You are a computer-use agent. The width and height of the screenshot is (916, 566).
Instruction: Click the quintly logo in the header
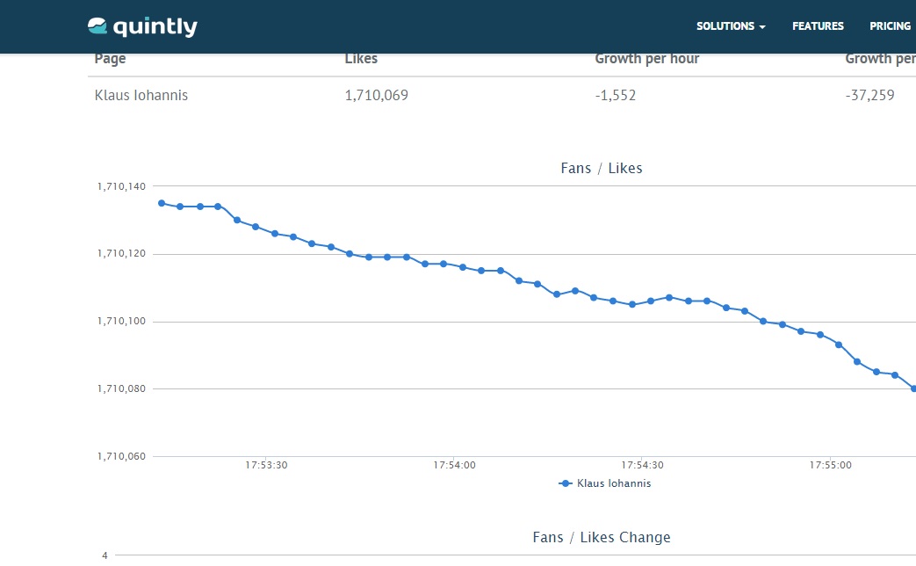(x=142, y=27)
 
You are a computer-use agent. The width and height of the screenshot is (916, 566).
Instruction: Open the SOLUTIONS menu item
(x=731, y=26)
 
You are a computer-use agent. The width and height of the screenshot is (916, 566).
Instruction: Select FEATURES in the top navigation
(x=818, y=26)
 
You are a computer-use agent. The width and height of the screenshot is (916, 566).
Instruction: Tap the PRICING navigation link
(x=890, y=26)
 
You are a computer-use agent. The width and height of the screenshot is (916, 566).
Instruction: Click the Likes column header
(x=361, y=59)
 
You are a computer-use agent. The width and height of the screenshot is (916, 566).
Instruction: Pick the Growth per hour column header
(x=647, y=59)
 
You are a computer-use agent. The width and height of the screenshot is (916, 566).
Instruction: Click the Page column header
(x=110, y=59)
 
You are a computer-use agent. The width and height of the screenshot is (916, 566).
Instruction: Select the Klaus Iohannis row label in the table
(x=141, y=95)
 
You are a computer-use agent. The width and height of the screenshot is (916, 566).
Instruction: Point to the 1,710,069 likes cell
(x=376, y=95)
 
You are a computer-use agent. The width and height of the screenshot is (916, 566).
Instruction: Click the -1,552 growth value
(x=615, y=95)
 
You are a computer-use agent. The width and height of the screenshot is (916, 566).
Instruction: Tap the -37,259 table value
(x=869, y=95)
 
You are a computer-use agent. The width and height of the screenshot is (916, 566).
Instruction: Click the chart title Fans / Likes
(x=602, y=168)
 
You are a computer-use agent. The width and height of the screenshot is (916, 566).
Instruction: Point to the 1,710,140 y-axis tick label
(x=121, y=186)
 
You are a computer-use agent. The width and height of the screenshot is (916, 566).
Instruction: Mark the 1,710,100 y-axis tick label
(x=121, y=322)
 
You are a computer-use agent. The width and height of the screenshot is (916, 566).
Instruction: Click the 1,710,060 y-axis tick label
(x=121, y=456)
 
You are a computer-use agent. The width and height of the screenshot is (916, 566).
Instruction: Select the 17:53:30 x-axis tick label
(x=266, y=465)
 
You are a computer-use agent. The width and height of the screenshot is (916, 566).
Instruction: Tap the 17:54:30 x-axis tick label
(x=642, y=465)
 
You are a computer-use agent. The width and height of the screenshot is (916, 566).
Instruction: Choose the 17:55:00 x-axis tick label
(x=830, y=465)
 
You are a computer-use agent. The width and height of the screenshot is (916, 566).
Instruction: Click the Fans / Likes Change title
(x=602, y=537)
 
